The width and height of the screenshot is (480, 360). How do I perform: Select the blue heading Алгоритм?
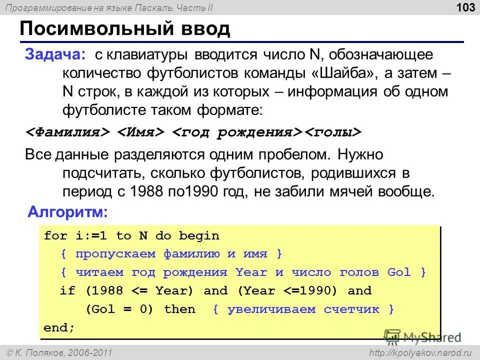[x=67, y=211]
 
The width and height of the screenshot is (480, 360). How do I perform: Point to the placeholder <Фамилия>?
[x=68, y=132]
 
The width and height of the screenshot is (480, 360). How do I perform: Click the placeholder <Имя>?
[x=141, y=132]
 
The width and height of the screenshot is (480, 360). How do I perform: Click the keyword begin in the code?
[x=199, y=235]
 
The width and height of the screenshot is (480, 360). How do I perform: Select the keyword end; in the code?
[x=59, y=327]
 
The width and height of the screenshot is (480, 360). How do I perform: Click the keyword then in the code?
[x=179, y=309]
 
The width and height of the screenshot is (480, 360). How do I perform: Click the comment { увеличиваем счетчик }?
[x=303, y=309]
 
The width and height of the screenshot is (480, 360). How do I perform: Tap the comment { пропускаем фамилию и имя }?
[x=171, y=254]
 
